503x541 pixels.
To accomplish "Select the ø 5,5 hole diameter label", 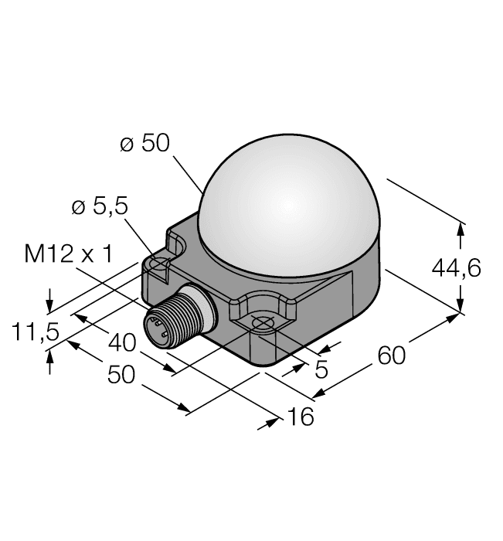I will [x=100, y=206].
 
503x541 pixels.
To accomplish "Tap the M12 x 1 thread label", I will [x=69, y=253].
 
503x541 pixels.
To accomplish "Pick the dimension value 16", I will [x=301, y=417].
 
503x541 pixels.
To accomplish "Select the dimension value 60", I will [x=393, y=357].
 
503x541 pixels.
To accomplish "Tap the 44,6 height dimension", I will [x=456, y=267].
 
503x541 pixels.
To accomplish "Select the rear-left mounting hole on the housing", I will [x=160, y=265].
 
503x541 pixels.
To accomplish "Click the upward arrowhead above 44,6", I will [x=461, y=230].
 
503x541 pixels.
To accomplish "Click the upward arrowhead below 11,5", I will [x=50, y=356].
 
